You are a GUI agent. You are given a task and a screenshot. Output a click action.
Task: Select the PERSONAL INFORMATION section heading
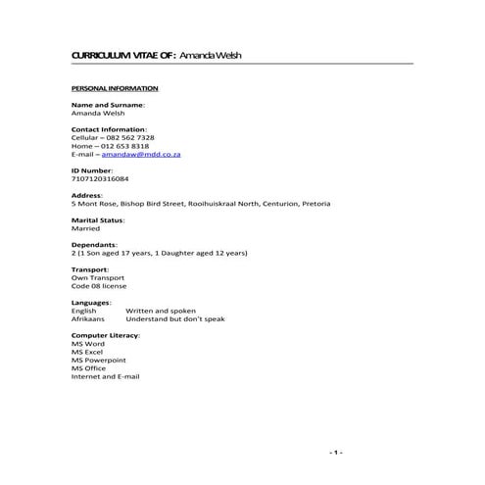(115, 88)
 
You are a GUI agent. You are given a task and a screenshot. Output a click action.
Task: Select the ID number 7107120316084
(100, 179)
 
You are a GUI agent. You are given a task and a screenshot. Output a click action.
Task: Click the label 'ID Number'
(93, 170)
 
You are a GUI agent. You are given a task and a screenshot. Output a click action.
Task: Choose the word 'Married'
(86, 228)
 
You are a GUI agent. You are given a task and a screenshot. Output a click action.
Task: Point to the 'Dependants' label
(94, 244)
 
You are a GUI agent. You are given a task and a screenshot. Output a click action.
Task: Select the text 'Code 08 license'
(101, 285)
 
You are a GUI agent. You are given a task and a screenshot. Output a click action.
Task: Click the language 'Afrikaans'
(87, 318)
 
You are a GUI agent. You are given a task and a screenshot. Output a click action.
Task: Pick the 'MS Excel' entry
(87, 352)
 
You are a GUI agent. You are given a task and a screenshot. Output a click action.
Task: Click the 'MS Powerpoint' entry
(98, 360)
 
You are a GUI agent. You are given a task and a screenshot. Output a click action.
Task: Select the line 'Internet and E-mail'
(106, 376)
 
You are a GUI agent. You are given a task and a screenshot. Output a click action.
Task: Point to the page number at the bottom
(336, 452)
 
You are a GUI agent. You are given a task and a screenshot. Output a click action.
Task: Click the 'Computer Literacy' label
(106, 335)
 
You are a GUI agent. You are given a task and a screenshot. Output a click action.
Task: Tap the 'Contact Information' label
(109, 129)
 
